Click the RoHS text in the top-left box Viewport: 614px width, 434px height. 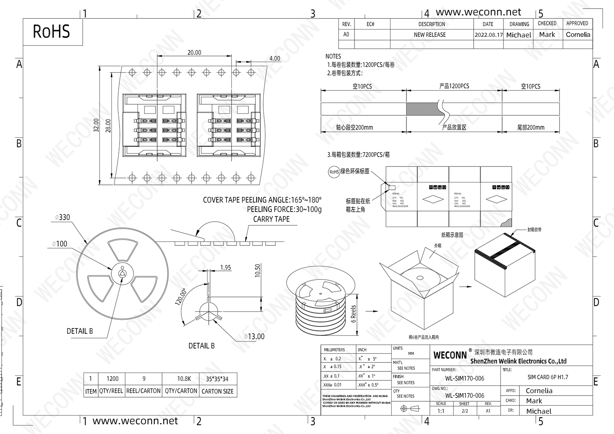click(51, 31)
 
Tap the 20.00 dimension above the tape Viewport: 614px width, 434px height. click(194, 52)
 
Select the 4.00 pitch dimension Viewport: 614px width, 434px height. click(275, 58)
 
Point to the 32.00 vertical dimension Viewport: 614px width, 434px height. click(96, 125)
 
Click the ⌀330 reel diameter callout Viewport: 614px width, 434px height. click(63, 217)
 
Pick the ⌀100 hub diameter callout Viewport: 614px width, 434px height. click(60, 244)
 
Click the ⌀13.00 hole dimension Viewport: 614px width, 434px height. click(254, 336)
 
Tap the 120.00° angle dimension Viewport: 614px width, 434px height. click(181, 297)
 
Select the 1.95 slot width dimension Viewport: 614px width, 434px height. click(226, 267)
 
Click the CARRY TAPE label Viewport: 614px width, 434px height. click(271, 219)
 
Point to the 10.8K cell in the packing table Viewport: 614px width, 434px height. click(184, 379)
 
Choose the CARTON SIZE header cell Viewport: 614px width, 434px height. click(217, 391)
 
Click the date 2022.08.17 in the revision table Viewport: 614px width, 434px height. click(488, 35)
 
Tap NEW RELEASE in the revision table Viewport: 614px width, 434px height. click(430, 35)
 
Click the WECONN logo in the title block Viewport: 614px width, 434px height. click(450, 355)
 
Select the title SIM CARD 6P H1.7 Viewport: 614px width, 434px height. click(548, 377)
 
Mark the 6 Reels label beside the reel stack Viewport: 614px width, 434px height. click(354, 314)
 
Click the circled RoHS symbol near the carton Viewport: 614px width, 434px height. click(334, 172)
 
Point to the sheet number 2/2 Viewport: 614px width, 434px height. click(465, 411)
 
